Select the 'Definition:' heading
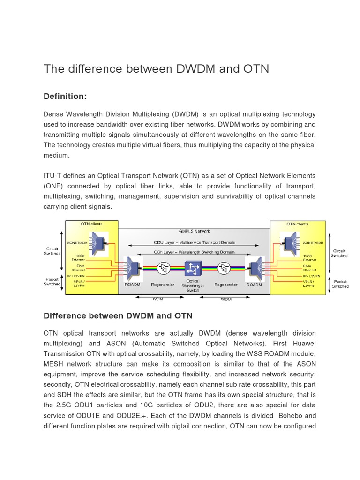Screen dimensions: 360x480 (x=65, y=96)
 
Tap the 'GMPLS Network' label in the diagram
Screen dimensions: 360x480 (x=194, y=231)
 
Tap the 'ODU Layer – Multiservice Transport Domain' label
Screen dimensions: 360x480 (x=194, y=242)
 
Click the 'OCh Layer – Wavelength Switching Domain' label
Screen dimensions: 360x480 (x=194, y=252)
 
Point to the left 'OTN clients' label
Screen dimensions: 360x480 (x=92, y=224)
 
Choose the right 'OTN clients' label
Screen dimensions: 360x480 (x=296, y=224)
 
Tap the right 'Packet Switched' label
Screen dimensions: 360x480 (x=340, y=284)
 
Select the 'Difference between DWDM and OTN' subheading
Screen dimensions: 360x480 (x=118, y=316)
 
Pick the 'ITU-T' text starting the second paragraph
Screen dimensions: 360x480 (x=52, y=176)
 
